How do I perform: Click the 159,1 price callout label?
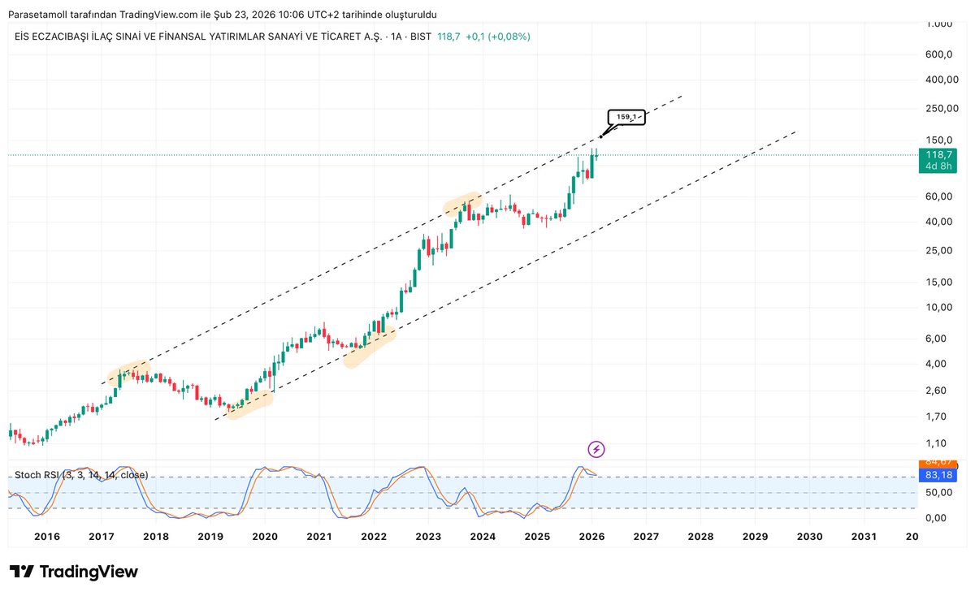(626, 117)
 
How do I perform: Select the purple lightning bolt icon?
(597, 449)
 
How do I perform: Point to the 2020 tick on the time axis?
(265, 537)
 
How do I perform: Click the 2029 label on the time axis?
(755, 537)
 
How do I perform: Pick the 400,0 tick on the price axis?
(938, 80)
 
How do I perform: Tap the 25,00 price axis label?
(938, 250)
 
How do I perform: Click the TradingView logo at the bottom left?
(73, 572)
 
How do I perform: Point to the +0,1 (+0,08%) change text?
(497, 37)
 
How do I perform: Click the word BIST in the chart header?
(420, 37)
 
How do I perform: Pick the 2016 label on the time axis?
(47, 537)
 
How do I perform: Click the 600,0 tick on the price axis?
(938, 54)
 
